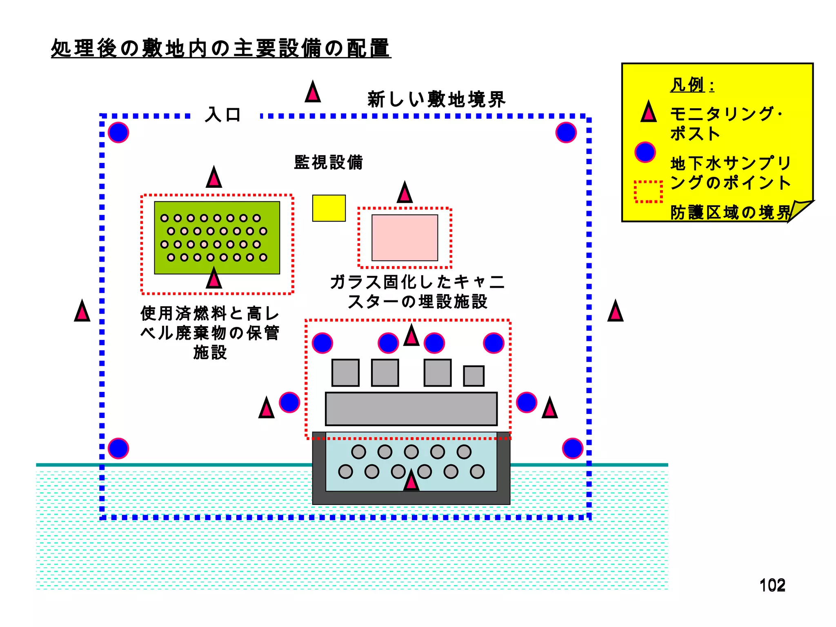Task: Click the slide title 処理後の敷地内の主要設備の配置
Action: coord(221,48)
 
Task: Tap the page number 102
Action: coord(772,585)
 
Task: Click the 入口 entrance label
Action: coord(223,115)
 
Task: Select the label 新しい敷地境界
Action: coord(436,100)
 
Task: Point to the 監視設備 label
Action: coord(328,162)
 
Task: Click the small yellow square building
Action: coord(329,208)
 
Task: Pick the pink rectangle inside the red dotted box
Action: coord(405,238)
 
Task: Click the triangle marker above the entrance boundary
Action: coord(313,93)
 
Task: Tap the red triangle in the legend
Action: coord(648,113)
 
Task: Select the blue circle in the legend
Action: coord(645,152)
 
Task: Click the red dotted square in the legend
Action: coord(648,191)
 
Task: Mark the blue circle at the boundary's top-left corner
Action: coord(118,133)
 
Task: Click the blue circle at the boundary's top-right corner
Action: coord(566,133)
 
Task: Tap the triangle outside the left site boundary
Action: coord(82,312)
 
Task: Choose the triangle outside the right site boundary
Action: coord(615,312)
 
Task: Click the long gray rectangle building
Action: coord(411,409)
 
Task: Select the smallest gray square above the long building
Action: coord(474,376)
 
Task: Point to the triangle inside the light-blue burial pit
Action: coord(411,482)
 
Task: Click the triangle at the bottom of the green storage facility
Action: coord(214,279)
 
